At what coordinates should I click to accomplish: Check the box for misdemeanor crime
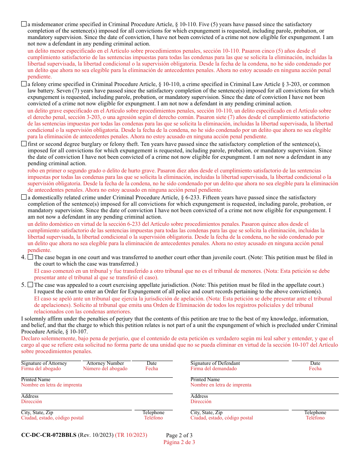tap(24, 24)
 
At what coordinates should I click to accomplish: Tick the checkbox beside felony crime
tap(24, 84)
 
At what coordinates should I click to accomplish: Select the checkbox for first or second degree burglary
tap(24, 144)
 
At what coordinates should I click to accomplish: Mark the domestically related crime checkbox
tap(24, 197)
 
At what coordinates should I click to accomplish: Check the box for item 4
tap(30, 257)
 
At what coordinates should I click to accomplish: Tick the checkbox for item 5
tap(30, 285)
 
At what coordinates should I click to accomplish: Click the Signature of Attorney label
tap(44, 363)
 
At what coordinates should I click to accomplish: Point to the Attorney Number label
tap(105, 363)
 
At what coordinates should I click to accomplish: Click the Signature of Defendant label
tap(215, 363)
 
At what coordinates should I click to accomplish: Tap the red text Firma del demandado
tap(213, 369)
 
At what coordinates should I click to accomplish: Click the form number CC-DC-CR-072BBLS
tap(49, 435)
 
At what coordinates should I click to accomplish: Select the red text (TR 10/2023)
tap(131, 435)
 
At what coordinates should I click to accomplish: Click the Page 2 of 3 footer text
tap(179, 435)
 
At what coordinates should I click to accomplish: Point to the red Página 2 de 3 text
tap(179, 442)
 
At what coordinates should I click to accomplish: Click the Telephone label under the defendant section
tap(315, 413)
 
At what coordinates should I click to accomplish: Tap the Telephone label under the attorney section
tap(153, 413)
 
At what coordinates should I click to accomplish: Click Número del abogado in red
tap(105, 369)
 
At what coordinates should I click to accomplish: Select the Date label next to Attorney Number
tap(152, 363)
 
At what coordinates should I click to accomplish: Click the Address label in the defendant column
tap(199, 396)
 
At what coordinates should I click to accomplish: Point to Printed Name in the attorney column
tap(36, 380)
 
